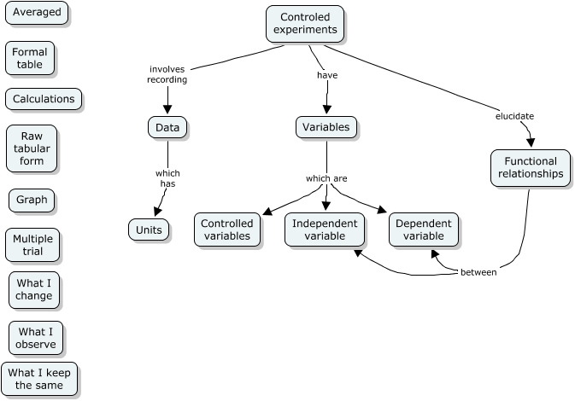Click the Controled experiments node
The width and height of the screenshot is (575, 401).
[x=305, y=23]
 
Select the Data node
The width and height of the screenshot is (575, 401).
[x=167, y=127]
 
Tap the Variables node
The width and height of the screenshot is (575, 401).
[x=327, y=127]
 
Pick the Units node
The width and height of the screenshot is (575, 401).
[x=149, y=229]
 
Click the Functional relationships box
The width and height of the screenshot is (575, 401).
[x=530, y=167]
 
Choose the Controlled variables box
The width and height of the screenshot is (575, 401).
[x=226, y=230]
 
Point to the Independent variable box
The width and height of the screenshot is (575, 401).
[x=325, y=230]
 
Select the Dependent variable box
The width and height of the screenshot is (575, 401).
[x=424, y=230]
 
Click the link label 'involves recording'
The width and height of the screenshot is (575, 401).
[x=167, y=74]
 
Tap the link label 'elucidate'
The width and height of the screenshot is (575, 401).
[x=515, y=116]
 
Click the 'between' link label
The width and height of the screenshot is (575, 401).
[x=478, y=273]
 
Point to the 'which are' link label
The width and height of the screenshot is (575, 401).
[x=326, y=178]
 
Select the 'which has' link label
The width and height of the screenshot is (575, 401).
[x=167, y=178]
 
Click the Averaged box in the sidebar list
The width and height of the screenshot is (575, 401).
[x=37, y=14]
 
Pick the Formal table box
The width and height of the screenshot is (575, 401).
[x=30, y=59]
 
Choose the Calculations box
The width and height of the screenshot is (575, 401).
[x=44, y=99]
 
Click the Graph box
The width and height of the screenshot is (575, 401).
[x=32, y=200]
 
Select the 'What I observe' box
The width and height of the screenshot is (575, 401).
[x=36, y=338]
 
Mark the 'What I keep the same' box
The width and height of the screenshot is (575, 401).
[x=39, y=379]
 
